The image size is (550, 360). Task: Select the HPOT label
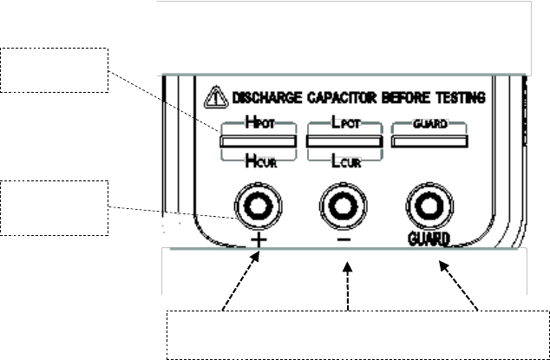pyautogui.click(x=258, y=125)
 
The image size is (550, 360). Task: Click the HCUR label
pyautogui.click(x=258, y=160)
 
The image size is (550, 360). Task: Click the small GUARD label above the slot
pyautogui.click(x=431, y=125)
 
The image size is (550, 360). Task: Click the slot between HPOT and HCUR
pyautogui.click(x=258, y=141)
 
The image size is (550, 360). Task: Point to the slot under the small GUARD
pyautogui.click(x=431, y=141)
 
